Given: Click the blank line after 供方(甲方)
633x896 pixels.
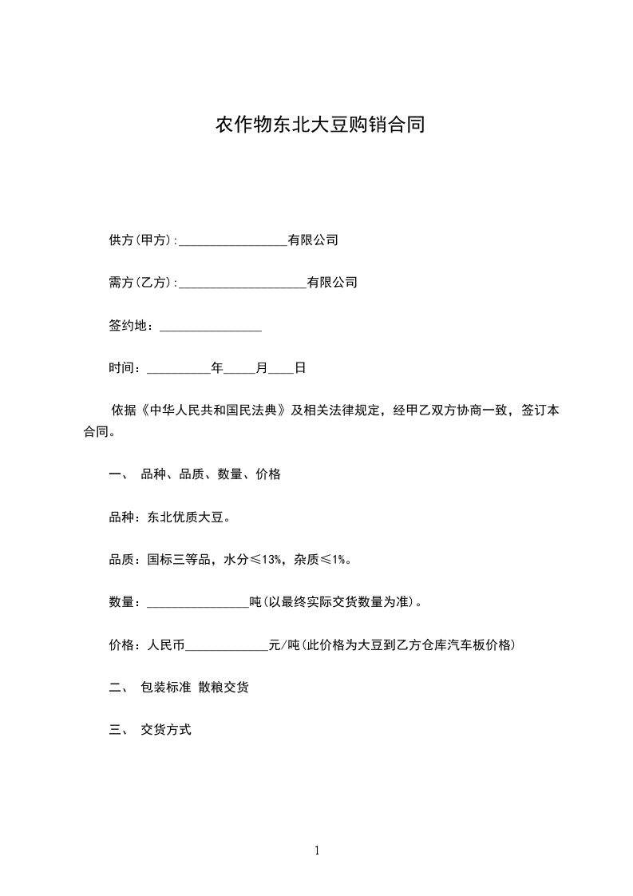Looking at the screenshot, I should (233, 241).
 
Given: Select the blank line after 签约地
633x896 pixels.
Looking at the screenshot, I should (211, 327).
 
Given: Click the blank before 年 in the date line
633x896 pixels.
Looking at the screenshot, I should (178, 369).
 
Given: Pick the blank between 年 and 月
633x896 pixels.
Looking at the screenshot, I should (239, 369).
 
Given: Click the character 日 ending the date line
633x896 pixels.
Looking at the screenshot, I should (300, 368).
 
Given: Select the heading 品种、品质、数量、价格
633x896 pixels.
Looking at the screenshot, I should (211, 474).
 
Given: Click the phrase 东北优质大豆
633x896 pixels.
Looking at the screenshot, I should (185, 517).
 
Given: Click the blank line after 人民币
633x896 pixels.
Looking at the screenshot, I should (227, 645).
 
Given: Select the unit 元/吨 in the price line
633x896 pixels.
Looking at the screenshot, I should (284, 645).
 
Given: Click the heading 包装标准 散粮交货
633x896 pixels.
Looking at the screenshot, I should (195, 688).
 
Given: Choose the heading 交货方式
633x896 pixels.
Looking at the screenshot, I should (166, 730).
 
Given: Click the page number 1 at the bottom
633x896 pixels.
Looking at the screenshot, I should (317, 851).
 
